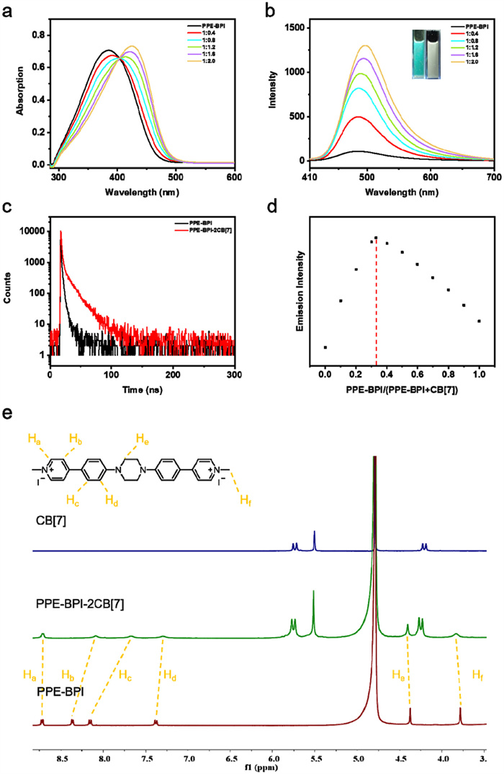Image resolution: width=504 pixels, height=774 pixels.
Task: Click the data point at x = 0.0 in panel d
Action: pyautogui.click(x=325, y=347)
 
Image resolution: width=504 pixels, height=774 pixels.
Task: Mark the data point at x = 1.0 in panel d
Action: pyautogui.click(x=479, y=321)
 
